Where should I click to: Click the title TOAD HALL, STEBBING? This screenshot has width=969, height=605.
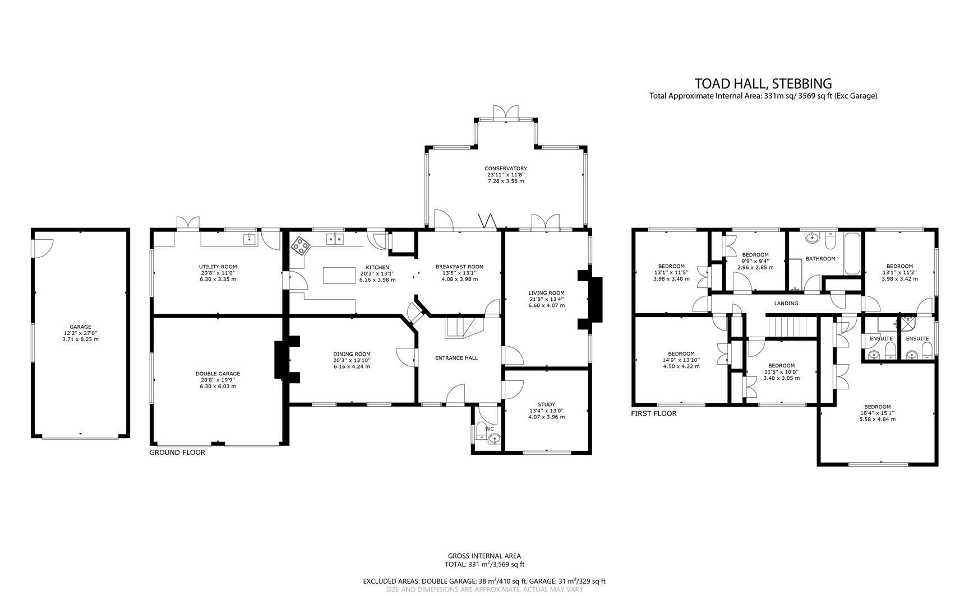click(763, 83)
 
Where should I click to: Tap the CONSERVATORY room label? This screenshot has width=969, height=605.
click(505, 168)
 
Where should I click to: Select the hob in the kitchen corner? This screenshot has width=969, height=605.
click(301, 245)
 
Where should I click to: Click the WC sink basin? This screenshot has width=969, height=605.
click(493, 438)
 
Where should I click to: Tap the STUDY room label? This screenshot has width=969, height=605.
click(546, 404)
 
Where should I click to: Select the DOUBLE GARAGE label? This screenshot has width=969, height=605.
click(218, 374)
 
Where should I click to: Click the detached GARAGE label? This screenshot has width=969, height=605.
click(80, 327)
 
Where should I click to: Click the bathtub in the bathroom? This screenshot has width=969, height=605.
click(852, 255)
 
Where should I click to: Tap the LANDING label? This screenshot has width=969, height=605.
click(786, 304)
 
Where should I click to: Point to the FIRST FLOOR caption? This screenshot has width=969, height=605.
click(653, 414)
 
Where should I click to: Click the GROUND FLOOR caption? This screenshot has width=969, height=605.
click(177, 453)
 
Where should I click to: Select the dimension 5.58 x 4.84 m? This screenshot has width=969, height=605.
click(877, 419)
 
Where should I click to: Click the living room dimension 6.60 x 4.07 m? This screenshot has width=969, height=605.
click(546, 305)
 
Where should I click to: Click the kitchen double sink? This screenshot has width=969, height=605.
click(335, 239)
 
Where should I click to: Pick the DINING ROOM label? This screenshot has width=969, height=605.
click(352, 354)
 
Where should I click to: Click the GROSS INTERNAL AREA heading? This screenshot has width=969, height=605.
click(484, 556)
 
